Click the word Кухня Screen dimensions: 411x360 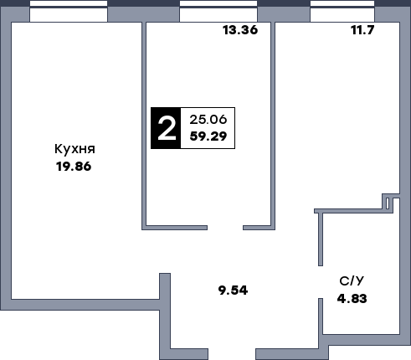tap(74, 149)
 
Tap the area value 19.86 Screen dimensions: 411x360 tap(74, 167)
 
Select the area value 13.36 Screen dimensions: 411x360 tap(240, 30)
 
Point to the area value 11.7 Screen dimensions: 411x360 tap(362, 30)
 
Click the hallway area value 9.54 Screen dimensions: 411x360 tap(233, 291)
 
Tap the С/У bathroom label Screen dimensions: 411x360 tap(352, 281)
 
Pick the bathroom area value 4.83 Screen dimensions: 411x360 tap(352, 299)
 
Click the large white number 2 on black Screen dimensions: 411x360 tap(167, 128)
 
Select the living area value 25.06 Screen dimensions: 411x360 tap(208, 120)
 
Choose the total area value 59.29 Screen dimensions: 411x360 tap(208, 136)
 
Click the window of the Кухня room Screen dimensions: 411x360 tap(69, 11)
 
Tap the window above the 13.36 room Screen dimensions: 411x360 tap(218, 11)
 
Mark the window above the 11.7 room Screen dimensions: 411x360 tap(342, 11)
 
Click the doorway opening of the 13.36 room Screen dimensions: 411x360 tap(225, 228)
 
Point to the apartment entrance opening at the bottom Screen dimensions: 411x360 tap(232, 354)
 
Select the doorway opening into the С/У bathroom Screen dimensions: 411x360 tap(321, 282)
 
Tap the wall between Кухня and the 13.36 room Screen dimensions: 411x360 tap(144, 126)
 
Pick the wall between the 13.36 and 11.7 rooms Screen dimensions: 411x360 tap(273, 126)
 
